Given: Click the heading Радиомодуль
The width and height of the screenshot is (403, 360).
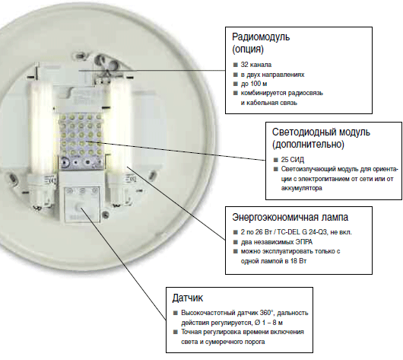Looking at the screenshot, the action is click(261, 37).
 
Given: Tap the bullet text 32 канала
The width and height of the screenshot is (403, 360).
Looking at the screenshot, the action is click(256, 65).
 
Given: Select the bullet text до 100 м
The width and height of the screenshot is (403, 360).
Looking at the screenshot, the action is click(254, 84).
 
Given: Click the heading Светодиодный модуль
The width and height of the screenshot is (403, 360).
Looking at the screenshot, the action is click(321, 132).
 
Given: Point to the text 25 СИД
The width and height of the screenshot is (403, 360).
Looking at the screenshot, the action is click(293, 160).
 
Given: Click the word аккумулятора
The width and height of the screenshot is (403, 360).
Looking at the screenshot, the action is click(301, 188).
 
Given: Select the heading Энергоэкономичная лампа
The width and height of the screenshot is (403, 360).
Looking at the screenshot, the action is click(290, 218).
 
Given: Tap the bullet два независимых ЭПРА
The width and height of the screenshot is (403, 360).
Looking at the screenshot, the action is click(277, 242).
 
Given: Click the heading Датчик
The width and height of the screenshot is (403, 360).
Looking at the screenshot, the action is click(188, 298).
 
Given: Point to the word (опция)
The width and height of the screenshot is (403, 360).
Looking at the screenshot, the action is click(248, 49).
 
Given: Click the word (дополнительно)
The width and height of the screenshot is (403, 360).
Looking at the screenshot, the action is click(308, 145).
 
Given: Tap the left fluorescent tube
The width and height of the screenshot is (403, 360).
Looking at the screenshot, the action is click(41, 126).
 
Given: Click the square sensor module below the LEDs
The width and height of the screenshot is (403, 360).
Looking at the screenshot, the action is click(81, 205).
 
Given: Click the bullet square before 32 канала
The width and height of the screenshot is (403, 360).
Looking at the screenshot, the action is click(235, 65).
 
